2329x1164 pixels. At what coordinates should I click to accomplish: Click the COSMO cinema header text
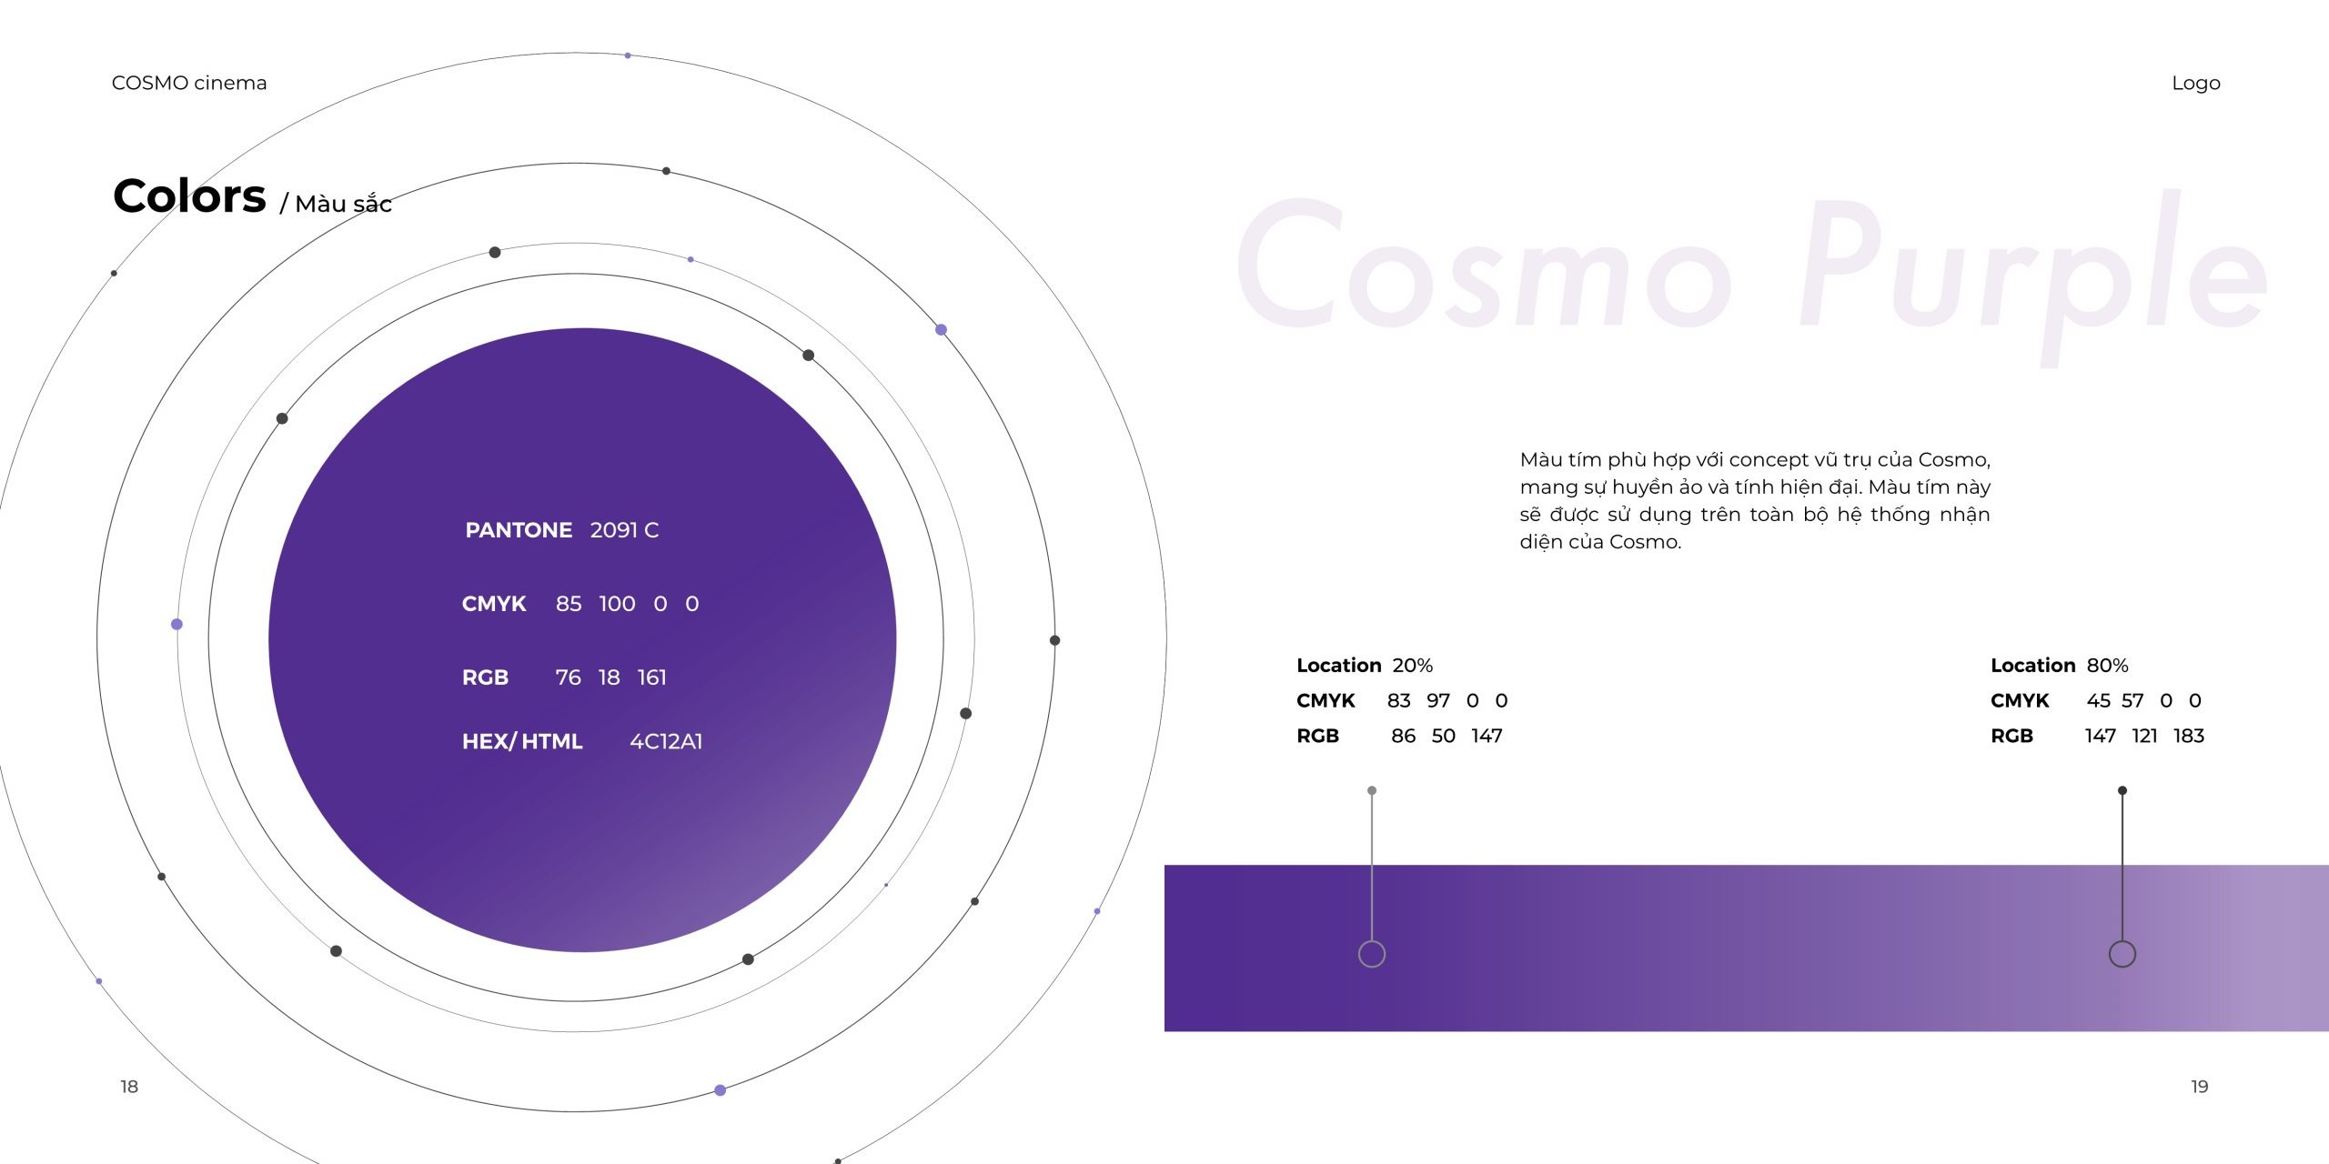pyautogui.click(x=189, y=83)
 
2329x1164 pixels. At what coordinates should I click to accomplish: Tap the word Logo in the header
pyautogui.click(x=2196, y=84)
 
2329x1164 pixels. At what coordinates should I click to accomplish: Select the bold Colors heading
pyautogui.click(x=189, y=196)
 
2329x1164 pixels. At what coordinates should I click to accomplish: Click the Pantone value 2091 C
pyautogui.click(x=624, y=530)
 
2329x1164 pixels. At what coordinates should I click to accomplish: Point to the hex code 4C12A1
pyautogui.click(x=666, y=741)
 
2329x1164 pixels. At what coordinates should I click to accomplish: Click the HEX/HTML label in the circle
pyautogui.click(x=522, y=741)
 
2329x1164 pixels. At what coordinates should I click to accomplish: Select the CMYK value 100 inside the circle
pyautogui.click(x=617, y=604)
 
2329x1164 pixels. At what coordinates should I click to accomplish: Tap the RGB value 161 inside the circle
pyautogui.click(x=652, y=677)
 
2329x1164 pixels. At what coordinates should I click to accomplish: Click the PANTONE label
pyautogui.click(x=519, y=530)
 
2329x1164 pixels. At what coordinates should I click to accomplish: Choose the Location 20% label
pyautogui.click(x=1365, y=666)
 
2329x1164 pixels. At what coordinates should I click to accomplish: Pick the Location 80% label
pyautogui.click(x=2060, y=666)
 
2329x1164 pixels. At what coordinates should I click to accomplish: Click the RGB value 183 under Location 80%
pyautogui.click(x=2189, y=736)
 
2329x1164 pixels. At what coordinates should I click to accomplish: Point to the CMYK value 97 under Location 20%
pyautogui.click(x=1438, y=700)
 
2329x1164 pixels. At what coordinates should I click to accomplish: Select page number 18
pyautogui.click(x=129, y=1087)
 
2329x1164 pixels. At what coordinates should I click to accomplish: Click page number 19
pyautogui.click(x=2200, y=1087)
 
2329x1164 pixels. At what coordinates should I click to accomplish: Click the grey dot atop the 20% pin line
pyautogui.click(x=1372, y=791)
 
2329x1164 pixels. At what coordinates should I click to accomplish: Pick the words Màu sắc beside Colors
pyautogui.click(x=343, y=204)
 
